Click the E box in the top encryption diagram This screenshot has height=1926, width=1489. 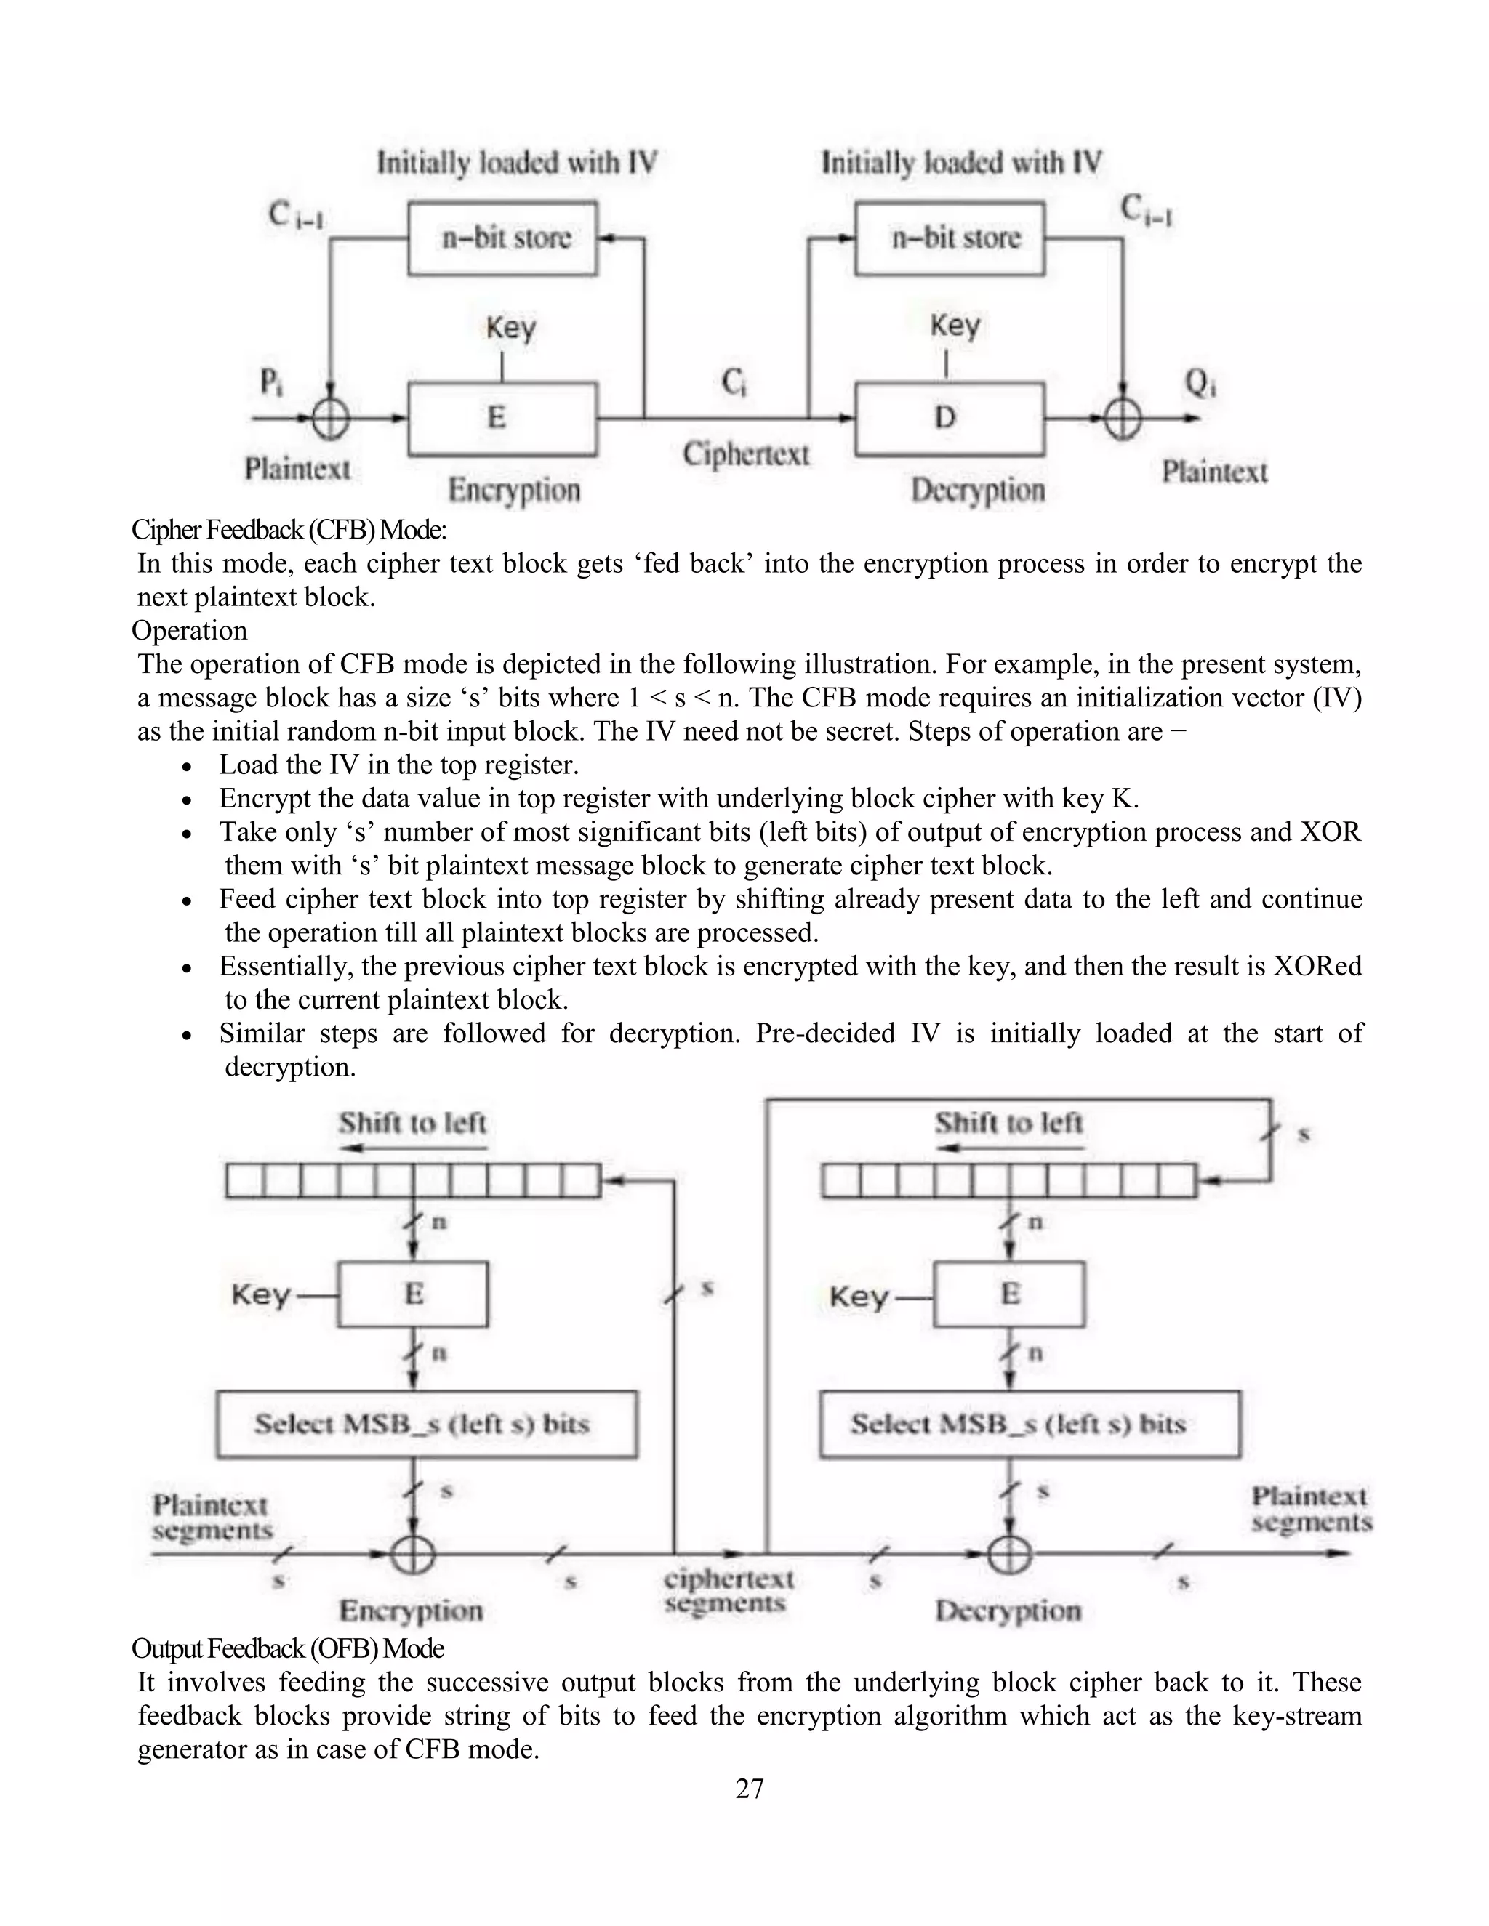(x=501, y=418)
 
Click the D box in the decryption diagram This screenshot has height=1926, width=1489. (x=949, y=418)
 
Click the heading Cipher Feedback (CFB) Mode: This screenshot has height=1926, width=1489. (x=289, y=530)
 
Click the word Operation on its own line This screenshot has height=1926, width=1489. (x=190, y=631)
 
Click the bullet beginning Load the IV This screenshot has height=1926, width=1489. (x=398, y=765)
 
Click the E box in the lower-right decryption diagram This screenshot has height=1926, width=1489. (x=1009, y=1294)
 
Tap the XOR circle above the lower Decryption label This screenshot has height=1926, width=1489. (x=1010, y=1554)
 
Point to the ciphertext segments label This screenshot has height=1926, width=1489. (x=728, y=1591)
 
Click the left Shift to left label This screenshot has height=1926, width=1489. (x=412, y=1124)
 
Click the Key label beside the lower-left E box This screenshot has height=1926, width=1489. (x=261, y=1295)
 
